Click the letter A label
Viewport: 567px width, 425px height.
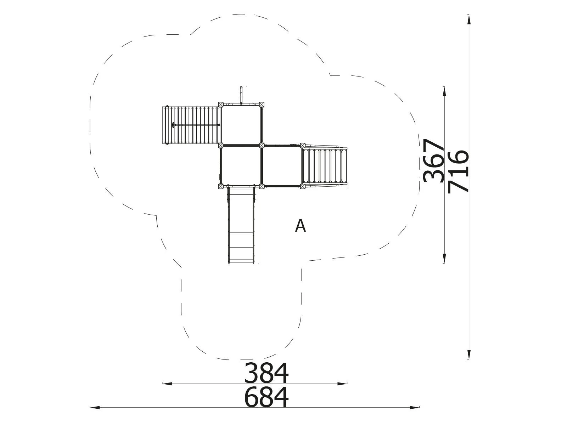[301, 226]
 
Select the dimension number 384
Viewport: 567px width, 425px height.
[266, 373]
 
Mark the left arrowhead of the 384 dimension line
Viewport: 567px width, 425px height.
[167, 384]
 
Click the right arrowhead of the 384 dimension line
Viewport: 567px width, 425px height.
[342, 384]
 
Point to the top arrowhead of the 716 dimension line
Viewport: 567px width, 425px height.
[468, 19]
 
